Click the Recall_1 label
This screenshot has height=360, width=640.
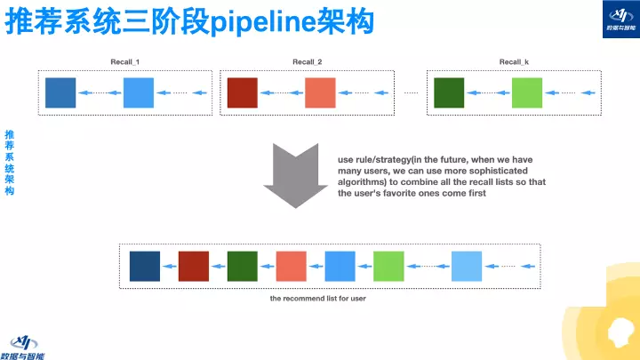[124, 61]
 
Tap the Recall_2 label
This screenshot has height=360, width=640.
[308, 61]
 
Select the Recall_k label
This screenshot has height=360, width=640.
[515, 61]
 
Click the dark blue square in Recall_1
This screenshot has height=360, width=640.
[60, 92]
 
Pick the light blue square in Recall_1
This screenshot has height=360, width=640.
[139, 92]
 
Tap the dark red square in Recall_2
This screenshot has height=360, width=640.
[242, 92]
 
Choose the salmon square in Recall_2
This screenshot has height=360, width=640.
[320, 92]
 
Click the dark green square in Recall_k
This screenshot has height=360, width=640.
[449, 92]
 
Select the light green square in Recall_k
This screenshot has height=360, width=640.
[527, 92]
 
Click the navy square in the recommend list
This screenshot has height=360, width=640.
[145, 266]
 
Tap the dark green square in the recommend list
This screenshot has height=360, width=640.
[242, 266]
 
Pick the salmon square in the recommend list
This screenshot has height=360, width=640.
[291, 266]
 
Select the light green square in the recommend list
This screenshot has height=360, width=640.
[388, 266]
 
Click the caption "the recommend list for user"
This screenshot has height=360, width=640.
[317, 299]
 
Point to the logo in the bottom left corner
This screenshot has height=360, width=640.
[27, 345]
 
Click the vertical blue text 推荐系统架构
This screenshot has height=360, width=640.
[9, 162]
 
